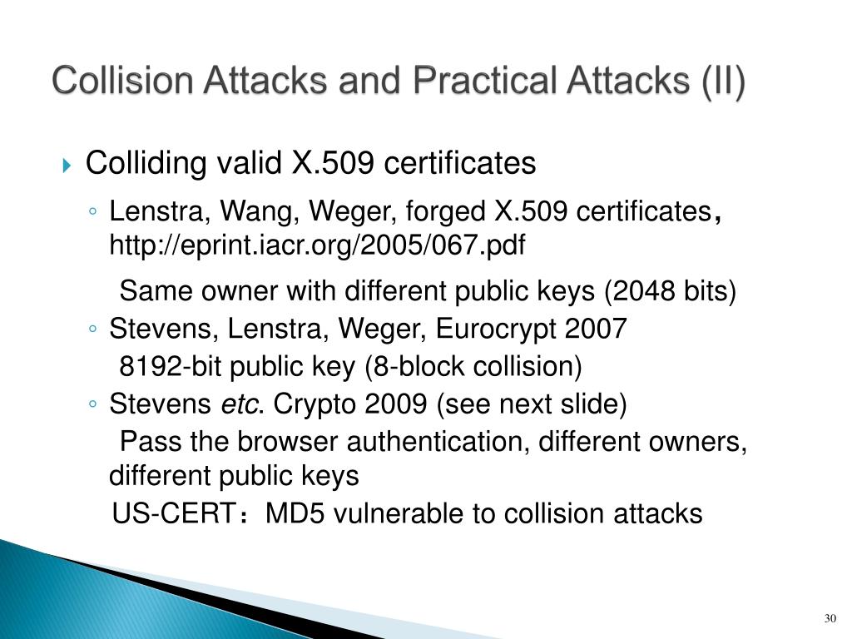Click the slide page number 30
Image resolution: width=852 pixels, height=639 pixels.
click(829, 619)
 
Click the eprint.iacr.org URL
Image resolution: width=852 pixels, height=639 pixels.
click(318, 245)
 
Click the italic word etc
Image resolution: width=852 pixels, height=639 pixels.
click(240, 405)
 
